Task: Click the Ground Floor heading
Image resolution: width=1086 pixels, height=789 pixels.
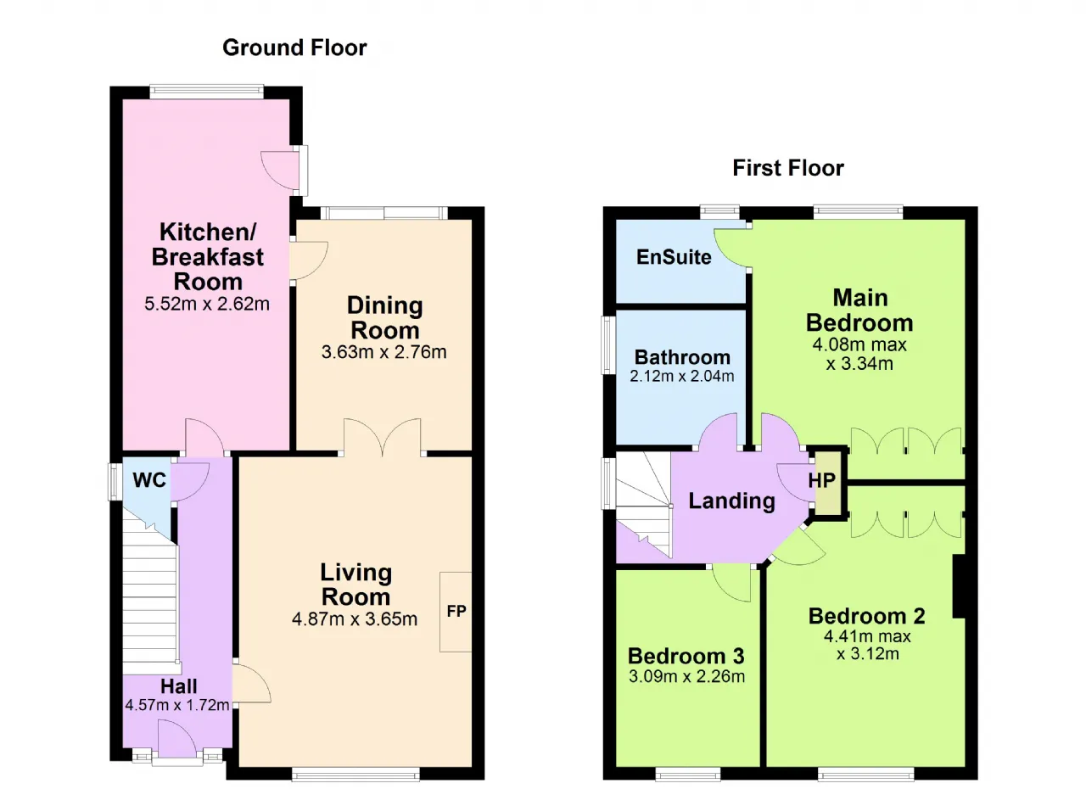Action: pos(294,48)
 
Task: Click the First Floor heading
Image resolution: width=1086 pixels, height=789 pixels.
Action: pos(788,168)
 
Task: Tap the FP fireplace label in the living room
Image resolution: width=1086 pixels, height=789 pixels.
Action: pos(456,611)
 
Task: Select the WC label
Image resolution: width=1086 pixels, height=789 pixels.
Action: pos(149,480)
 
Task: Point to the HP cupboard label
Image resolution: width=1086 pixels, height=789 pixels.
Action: pos(822,480)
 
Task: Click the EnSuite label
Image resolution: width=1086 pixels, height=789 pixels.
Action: pos(674,257)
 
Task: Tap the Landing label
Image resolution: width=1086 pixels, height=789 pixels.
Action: pos(731,501)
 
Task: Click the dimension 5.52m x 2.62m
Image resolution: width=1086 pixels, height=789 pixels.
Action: pos(207,304)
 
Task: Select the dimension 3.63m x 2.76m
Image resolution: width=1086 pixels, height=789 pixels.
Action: pos(384,352)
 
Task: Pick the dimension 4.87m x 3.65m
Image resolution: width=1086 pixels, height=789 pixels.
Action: pos(355,618)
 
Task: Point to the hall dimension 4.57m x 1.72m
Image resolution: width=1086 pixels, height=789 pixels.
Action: pos(177,705)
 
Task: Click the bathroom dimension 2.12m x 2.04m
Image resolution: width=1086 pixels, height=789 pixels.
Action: pos(681,376)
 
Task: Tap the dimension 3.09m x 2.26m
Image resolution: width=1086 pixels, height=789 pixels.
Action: pos(686,676)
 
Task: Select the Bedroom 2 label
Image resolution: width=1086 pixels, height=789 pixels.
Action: pos(867,616)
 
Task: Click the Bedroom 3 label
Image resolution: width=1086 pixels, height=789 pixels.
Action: pos(686,656)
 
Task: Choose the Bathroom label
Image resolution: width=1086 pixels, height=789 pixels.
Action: pos(682,357)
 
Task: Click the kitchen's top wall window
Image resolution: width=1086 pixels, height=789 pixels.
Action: pos(206,92)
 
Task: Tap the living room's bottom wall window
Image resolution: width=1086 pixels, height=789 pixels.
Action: pos(355,774)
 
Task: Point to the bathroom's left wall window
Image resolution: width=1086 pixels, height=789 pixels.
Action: pos(608,345)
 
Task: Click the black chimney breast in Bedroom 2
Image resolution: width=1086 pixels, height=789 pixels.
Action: pos(959,586)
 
